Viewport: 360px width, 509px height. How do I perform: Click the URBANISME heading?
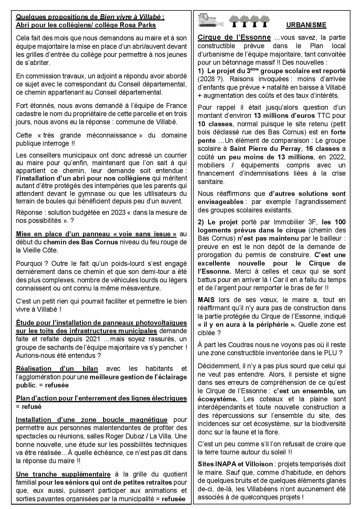coord(306,25)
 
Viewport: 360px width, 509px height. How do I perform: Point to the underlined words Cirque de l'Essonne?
coord(234,38)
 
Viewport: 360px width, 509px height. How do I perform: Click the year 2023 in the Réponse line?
coord(118,212)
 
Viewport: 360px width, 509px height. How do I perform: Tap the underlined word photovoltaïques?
coord(161,323)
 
